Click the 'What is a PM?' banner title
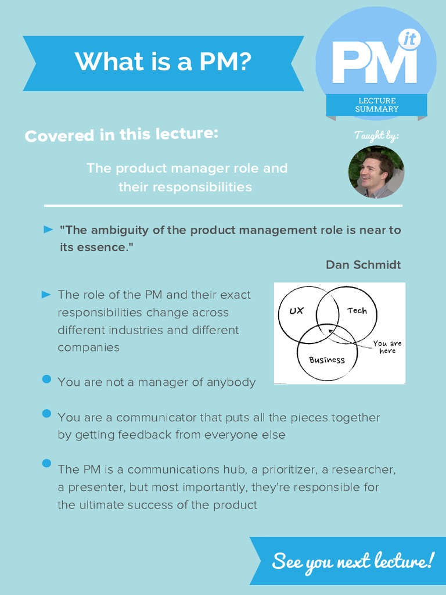point(163,62)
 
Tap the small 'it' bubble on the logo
point(409,39)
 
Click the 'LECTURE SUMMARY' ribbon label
point(377,105)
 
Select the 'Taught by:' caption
point(376,135)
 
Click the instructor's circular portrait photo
point(376,172)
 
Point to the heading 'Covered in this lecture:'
point(121,135)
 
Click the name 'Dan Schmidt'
point(363,265)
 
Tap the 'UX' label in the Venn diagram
point(296,311)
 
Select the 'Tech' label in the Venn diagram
point(357,311)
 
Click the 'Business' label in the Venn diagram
point(327,360)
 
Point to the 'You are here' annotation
point(387,347)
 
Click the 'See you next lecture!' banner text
point(353,561)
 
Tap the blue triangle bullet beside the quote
point(49,230)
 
